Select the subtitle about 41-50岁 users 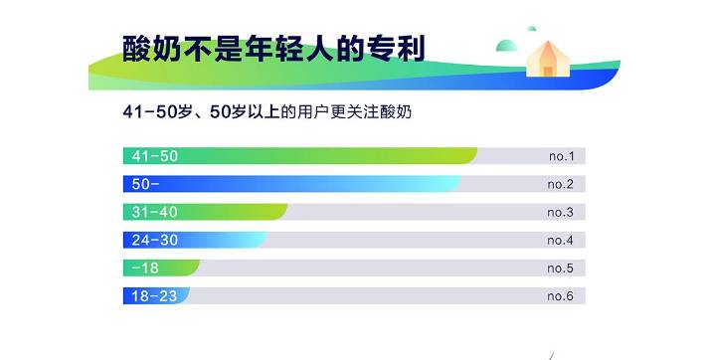267,112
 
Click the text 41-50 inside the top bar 155,156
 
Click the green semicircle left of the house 508,46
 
